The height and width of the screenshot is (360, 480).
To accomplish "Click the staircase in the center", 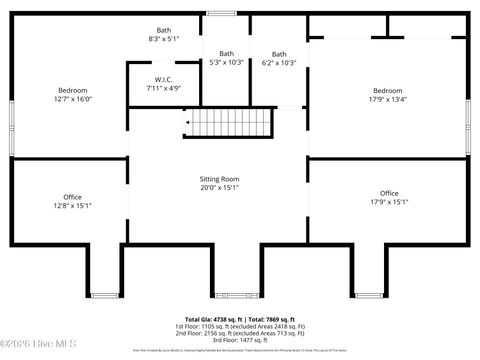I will (x=231, y=123).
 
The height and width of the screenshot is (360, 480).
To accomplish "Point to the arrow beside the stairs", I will (x=186, y=123).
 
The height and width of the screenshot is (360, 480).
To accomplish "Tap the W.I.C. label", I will (x=164, y=84).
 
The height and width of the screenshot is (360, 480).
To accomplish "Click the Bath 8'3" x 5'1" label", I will (x=163, y=35).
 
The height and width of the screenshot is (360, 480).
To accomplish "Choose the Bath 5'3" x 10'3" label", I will (x=227, y=58).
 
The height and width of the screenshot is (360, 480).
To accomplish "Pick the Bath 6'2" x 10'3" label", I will (x=279, y=58).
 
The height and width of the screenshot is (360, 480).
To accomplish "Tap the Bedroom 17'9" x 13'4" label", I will (x=388, y=95).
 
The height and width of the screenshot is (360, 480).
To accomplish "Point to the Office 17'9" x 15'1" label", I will (x=389, y=198).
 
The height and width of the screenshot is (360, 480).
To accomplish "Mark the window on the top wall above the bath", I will (x=220, y=13).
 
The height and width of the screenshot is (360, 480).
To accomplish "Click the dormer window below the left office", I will (x=104, y=295).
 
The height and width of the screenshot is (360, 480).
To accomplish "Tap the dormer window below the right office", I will (x=365, y=295).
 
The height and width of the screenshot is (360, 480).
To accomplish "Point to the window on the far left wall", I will (x=11, y=127).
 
